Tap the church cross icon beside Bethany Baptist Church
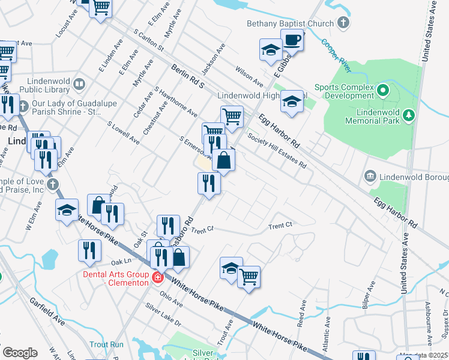[x=343, y=24]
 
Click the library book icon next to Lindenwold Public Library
[x=79, y=83]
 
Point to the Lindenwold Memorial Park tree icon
[x=408, y=114]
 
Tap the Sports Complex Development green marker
[x=384, y=91]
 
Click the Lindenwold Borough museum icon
[x=370, y=176]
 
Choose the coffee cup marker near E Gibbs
[x=292, y=41]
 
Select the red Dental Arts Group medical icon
[x=157, y=277]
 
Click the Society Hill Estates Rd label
[x=277, y=151]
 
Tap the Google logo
[x=20, y=353]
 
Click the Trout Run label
[x=106, y=344]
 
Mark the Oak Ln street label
[x=120, y=262]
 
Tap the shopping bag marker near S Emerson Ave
[x=223, y=161]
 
